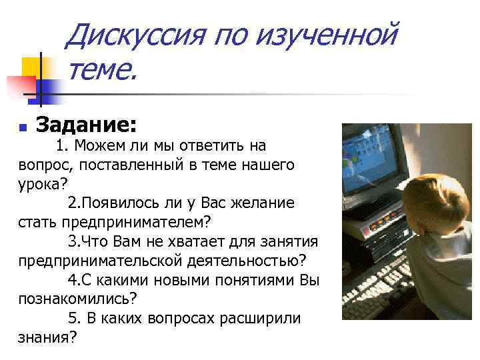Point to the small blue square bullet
[23, 127]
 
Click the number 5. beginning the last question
[74, 318]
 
